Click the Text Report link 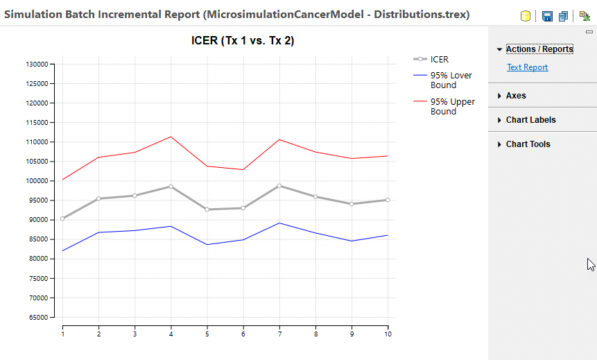pos(527,67)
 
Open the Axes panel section pos(515,96)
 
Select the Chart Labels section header pos(530,120)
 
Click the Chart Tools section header pos(528,144)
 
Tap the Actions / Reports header pos(539,49)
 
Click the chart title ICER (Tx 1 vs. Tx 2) pos(243,41)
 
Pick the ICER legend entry pos(439,60)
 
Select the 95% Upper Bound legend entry pos(452,107)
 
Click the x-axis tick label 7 pos(279,334)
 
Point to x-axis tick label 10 pos(388,334)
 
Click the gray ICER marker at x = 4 pos(171,187)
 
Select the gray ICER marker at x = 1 pos(62,218)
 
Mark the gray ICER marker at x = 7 pos(279,186)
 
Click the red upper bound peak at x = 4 pos(171,137)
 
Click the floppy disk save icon pos(547,16)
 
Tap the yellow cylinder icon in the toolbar pos(525,16)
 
